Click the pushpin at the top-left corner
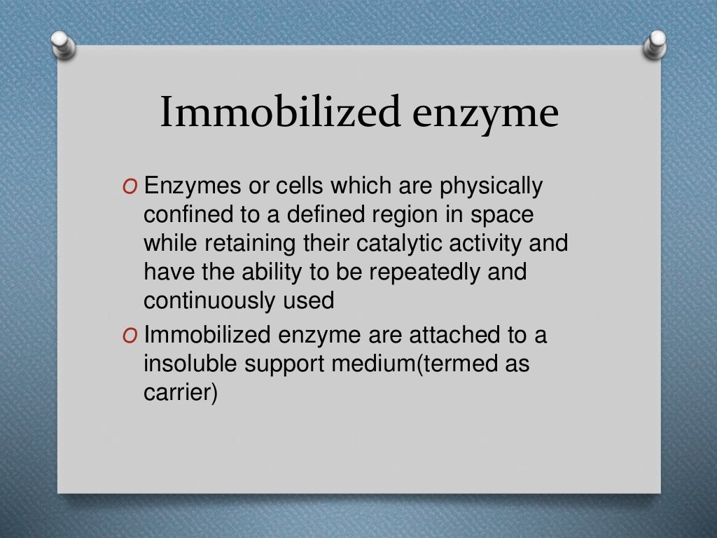pos(62,44)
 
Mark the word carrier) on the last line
pos(181,392)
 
